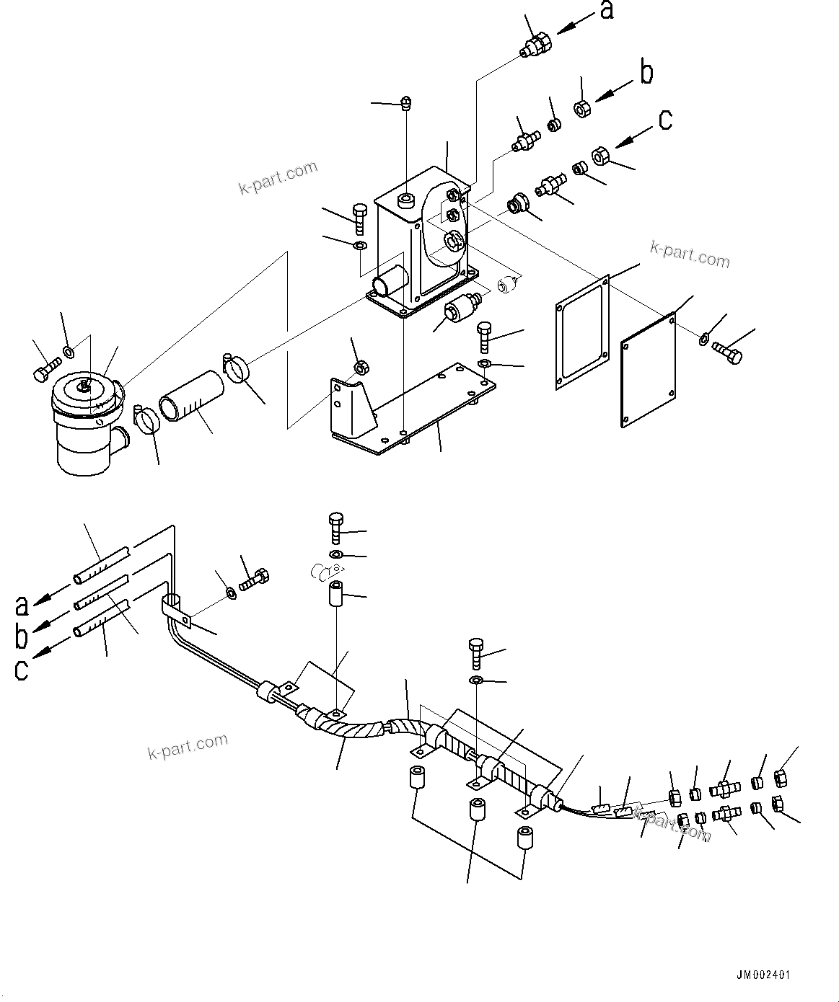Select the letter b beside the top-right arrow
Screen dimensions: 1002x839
coord(647,73)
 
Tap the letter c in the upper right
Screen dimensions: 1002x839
coord(665,120)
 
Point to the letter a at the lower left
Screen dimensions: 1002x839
coord(22,605)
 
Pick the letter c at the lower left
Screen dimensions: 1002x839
coord(22,670)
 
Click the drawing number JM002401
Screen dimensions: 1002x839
coord(763,975)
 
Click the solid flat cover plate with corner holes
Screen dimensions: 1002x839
coord(649,371)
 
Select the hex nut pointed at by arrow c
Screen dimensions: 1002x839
coord(601,156)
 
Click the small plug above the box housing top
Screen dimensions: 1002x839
coord(406,103)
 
